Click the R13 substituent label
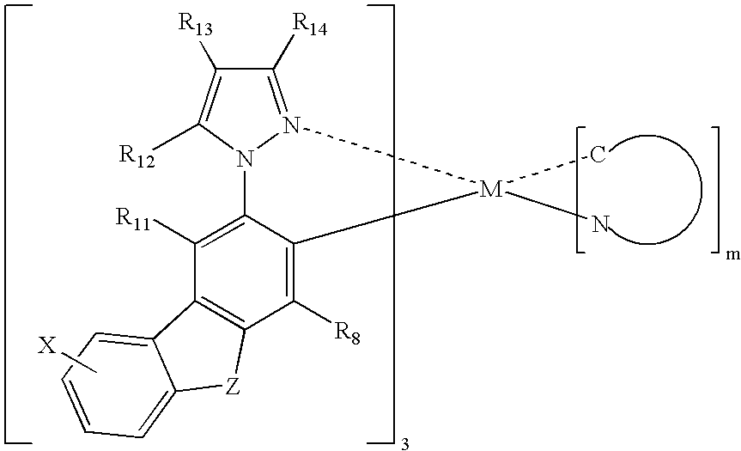(x=195, y=25)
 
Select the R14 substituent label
(x=310, y=25)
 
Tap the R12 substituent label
(x=137, y=157)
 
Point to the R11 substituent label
(x=132, y=219)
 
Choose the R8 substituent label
(x=348, y=334)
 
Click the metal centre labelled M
(x=491, y=190)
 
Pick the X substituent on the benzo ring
(x=46, y=347)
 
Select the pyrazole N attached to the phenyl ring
(x=245, y=159)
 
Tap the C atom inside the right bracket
(x=598, y=155)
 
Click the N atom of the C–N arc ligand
(x=599, y=224)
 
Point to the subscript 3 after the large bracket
(x=404, y=444)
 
